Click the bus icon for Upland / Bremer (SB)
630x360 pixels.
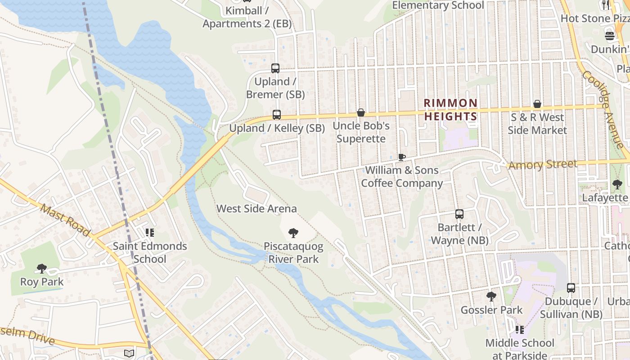pyautogui.click(x=275, y=68)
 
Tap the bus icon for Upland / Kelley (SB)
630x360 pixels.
pyautogui.click(x=277, y=115)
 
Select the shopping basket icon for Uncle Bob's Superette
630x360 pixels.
pyautogui.click(x=361, y=112)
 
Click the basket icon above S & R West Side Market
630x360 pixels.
pyautogui.click(x=537, y=104)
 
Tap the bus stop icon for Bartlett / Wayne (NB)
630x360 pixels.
pyautogui.click(x=459, y=214)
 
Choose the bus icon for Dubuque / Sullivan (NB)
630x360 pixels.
pyautogui.click(x=571, y=288)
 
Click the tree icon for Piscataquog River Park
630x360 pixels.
pyautogui.click(x=293, y=233)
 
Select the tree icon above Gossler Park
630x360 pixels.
pyautogui.click(x=491, y=297)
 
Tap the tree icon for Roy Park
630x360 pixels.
pyautogui.click(x=42, y=269)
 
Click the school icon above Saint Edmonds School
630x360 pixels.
pyautogui.click(x=150, y=233)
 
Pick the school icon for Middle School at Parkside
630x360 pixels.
pyautogui.click(x=520, y=330)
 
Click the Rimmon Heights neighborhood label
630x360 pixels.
pyautogui.click(x=450, y=110)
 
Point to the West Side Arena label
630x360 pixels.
pyautogui.click(x=256, y=209)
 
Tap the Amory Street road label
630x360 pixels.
pyautogui.click(x=542, y=164)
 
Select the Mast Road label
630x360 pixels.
pyautogui.click(x=65, y=220)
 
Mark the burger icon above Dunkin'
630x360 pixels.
pyautogui.click(x=610, y=36)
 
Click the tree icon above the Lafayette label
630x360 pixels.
pyautogui.click(x=617, y=184)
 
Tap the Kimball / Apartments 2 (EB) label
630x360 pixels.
pyautogui.click(x=247, y=17)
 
